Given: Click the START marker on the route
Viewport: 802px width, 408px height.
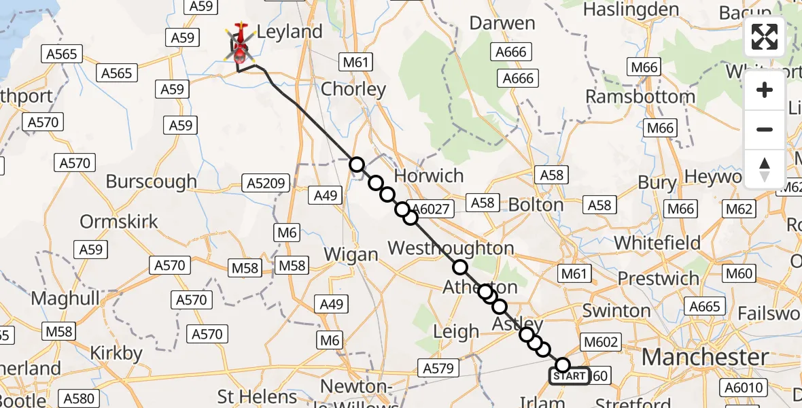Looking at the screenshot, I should (570, 376).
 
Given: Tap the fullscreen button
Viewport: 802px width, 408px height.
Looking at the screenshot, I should (765, 37).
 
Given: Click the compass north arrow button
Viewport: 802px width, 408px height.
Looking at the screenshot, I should (765, 169).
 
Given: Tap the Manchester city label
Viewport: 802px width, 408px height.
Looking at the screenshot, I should (705, 357).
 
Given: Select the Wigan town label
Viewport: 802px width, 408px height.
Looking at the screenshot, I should (351, 255).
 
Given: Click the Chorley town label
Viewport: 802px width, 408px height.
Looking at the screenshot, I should (353, 89).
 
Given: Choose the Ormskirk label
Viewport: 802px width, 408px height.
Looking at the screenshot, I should (119, 222).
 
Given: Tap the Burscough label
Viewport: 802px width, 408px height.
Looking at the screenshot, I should (151, 182).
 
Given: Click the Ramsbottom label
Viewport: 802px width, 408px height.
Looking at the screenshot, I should (640, 97).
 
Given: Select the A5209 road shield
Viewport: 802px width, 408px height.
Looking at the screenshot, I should (266, 183).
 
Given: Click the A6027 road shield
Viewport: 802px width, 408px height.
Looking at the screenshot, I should (431, 209).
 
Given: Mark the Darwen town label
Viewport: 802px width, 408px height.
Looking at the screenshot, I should (503, 23).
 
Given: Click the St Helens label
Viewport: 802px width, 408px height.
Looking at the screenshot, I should (258, 396).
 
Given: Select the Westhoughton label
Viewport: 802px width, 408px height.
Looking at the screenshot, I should (450, 248).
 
